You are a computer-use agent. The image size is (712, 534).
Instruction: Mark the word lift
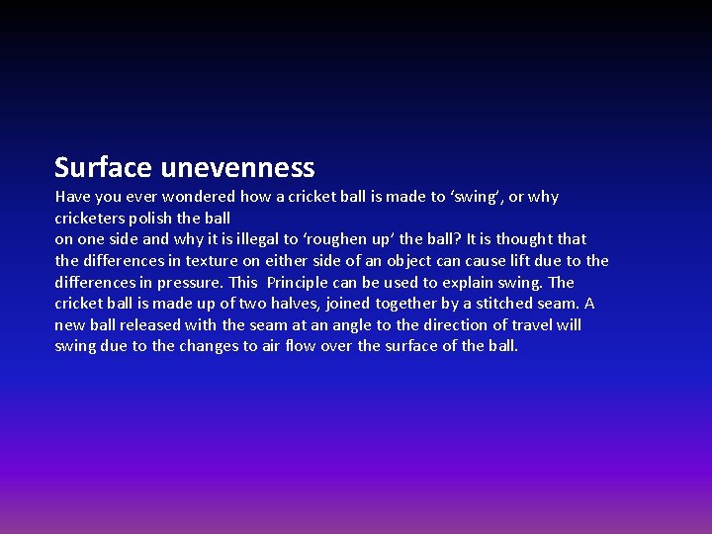[x=501, y=261]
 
